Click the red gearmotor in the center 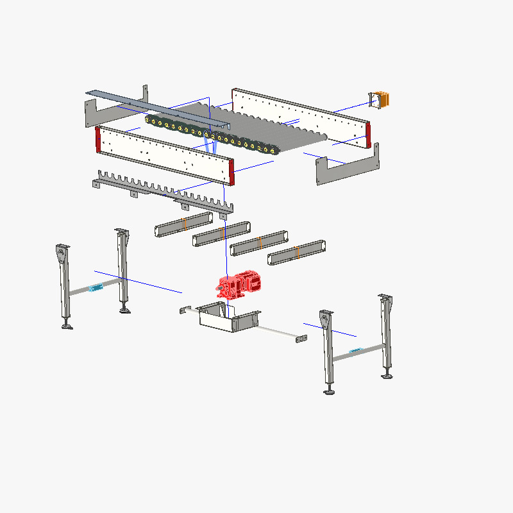(x=240, y=285)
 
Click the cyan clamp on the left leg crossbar (x=96, y=288)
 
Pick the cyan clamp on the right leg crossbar (x=356, y=350)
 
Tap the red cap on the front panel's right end (x=231, y=172)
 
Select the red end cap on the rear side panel (x=368, y=134)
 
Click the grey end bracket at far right (x=346, y=167)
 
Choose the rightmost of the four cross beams (x=296, y=252)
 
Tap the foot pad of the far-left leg (x=67, y=326)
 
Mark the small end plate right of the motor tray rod (x=299, y=338)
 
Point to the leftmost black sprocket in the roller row (x=151, y=120)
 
